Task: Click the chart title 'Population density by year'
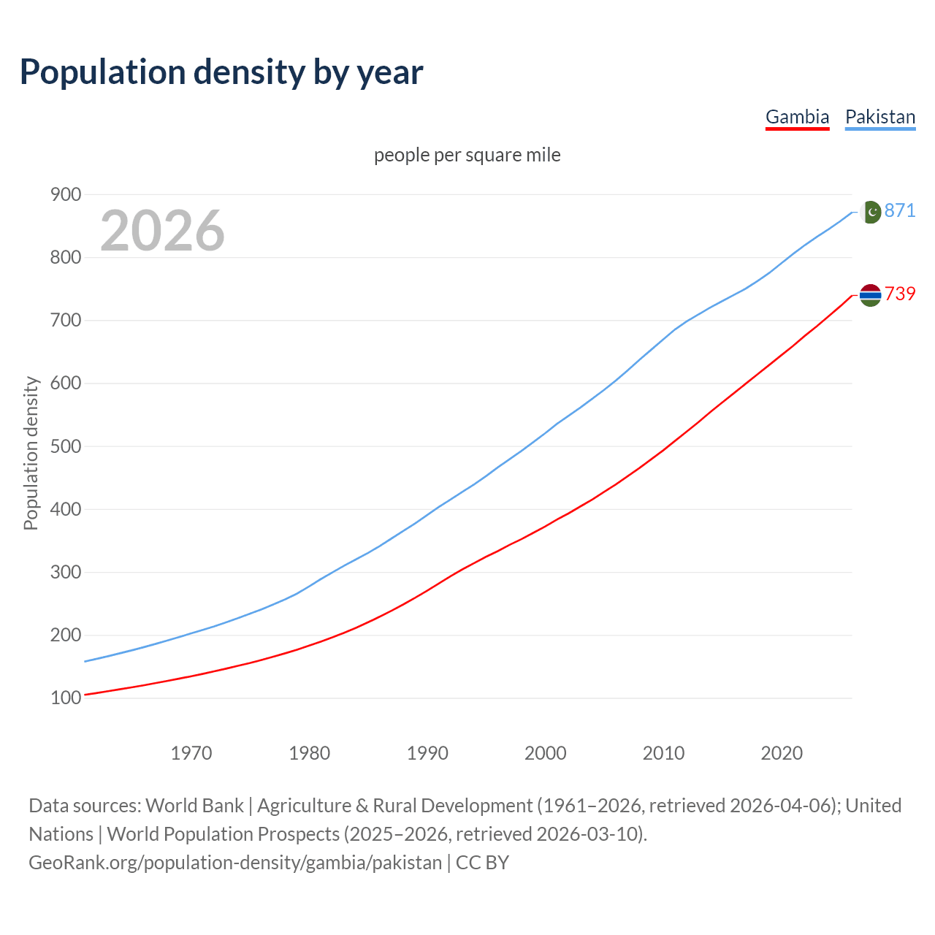[221, 72]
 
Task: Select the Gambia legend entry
[797, 117]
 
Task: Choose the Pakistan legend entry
[880, 117]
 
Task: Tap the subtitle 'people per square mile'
[467, 155]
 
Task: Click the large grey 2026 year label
[162, 231]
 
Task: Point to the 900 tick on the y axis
[65, 194]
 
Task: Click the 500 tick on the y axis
[65, 446]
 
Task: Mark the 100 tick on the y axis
[65, 698]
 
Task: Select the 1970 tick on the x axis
[191, 753]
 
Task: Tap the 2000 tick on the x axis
[546, 753]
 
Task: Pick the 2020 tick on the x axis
[782, 753]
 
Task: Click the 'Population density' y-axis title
[31, 453]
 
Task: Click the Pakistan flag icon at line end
[870, 212]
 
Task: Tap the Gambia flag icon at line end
[870, 295]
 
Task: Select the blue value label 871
[900, 210]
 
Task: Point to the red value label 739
[900, 294]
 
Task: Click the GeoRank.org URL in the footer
[235, 863]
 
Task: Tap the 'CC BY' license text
[482, 863]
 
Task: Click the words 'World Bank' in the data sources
[194, 806]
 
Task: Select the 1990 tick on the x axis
[427, 753]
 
